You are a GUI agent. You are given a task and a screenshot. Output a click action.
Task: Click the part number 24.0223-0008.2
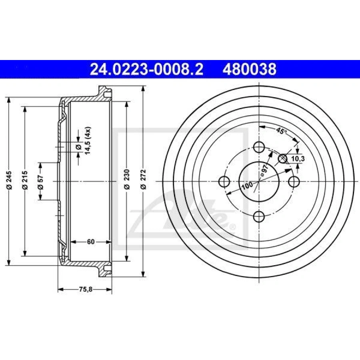pos(146,69)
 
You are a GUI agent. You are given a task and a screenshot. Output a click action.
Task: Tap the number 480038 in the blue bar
pos(249,69)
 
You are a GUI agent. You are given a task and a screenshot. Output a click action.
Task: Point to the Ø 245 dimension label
pos(9,180)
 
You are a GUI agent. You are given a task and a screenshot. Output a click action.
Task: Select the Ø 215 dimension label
pos(25,180)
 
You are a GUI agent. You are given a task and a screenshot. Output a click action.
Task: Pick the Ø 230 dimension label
pos(127,179)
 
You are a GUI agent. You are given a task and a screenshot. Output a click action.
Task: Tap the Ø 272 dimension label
pos(143,179)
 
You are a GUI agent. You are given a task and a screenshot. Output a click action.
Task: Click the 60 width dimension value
pos(91,242)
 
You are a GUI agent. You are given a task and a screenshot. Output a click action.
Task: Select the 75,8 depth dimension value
pos(86,290)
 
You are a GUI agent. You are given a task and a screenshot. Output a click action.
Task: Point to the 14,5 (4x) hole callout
pos(87,140)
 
